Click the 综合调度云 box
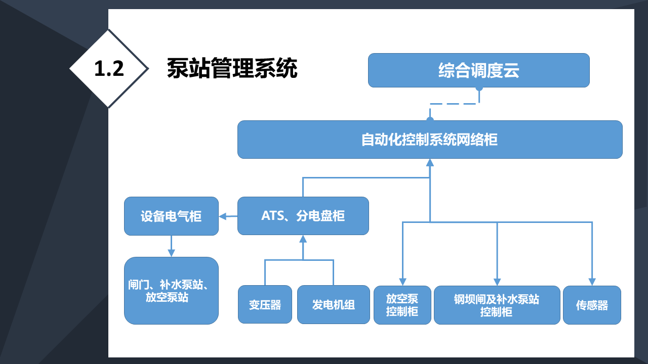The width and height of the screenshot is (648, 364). click(479, 70)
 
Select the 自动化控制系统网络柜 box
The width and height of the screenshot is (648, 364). click(430, 140)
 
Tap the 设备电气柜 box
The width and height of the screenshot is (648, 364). click(171, 216)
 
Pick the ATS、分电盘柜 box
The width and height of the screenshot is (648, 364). click(303, 216)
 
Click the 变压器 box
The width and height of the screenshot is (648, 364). click(265, 304)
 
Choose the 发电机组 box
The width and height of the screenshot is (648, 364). click(334, 304)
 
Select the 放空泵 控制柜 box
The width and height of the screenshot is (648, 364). click(402, 305)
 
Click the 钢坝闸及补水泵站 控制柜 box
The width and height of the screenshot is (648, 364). click(497, 305)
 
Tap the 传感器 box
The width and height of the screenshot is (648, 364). click(592, 305)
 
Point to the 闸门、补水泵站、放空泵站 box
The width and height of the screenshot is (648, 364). click(171, 291)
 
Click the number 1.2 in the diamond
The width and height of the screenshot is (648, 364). click(109, 69)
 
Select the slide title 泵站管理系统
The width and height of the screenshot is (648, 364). click(232, 68)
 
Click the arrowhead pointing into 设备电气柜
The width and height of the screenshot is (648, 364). click(222, 216)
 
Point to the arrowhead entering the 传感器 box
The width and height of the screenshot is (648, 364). click(592, 282)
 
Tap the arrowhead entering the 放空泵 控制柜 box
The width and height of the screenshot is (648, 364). click(402, 282)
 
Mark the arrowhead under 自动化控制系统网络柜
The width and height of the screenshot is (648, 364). click(430, 162)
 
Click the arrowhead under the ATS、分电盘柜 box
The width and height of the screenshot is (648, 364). click(303, 239)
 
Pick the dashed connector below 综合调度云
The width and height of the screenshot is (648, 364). click(455, 104)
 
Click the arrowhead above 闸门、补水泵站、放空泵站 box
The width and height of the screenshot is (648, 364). click(171, 253)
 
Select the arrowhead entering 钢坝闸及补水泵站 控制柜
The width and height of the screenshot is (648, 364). click(497, 282)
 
